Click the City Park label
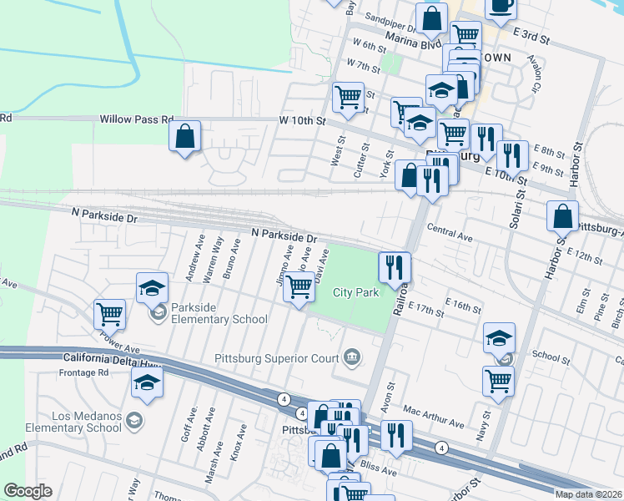(x=356, y=292)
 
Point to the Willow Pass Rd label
(x=136, y=120)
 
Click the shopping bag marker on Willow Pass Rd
(x=185, y=136)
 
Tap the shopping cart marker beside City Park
(x=299, y=287)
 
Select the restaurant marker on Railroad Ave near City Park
(x=395, y=268)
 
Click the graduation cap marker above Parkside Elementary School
(x=152, y=288)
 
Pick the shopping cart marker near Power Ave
(x=110, y=315)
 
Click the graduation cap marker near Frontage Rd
(x=148, y=382)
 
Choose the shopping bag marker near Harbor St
(x=563, y=216)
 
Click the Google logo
(x=28, y=491)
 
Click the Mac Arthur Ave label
(x=432, y=417)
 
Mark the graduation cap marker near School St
(x=499, y=338)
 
